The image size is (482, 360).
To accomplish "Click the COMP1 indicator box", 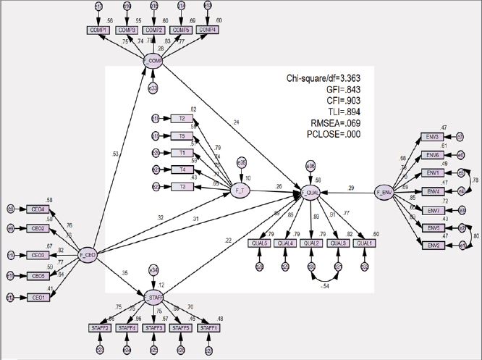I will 98,30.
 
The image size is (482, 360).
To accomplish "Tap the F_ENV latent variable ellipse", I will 384,193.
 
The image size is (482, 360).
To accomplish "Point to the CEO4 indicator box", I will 37,209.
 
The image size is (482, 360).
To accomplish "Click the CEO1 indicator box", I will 37,297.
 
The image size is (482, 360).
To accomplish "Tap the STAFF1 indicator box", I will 208,328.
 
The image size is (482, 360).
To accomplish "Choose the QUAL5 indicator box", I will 259,243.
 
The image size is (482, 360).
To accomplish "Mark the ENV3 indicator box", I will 432,137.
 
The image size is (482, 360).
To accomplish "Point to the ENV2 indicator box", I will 432,246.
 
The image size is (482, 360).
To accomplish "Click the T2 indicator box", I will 182,118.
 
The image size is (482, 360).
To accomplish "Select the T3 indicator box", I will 182,187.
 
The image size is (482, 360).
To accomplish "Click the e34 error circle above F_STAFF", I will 153,269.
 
